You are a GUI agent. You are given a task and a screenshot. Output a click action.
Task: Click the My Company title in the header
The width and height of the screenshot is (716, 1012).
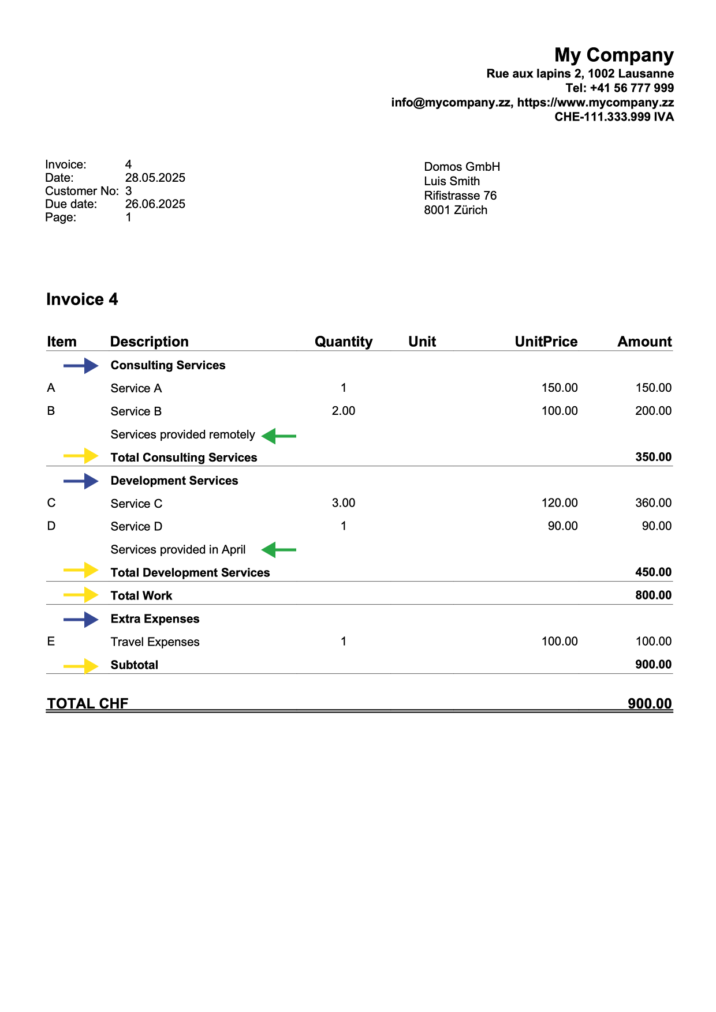[614, 55]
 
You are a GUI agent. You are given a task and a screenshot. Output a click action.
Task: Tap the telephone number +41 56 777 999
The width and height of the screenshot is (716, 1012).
[632, 88]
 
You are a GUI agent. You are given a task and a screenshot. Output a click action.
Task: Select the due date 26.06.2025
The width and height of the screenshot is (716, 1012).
[155, 204]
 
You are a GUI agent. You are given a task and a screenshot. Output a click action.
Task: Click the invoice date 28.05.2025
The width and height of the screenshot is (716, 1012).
[155, 178]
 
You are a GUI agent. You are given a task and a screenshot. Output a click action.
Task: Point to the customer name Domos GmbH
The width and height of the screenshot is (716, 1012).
[462, 167]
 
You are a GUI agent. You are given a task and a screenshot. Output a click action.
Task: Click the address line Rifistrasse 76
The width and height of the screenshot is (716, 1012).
[460, 196]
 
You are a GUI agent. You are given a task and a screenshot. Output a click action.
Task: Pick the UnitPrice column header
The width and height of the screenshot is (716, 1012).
[546, 342]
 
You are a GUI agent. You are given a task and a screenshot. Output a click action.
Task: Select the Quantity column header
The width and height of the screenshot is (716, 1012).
[344, 342]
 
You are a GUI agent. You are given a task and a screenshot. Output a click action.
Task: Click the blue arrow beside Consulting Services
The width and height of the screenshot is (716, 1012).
[81, 366]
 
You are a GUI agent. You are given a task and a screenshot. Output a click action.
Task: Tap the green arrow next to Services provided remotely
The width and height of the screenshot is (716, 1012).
[279, 436]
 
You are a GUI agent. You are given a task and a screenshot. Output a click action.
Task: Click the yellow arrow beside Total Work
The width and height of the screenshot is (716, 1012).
[81, 595]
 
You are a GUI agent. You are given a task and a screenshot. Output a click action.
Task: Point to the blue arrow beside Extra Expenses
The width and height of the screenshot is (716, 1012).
[81, 620]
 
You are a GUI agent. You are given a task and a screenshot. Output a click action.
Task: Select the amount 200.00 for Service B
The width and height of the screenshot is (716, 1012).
[653, 411]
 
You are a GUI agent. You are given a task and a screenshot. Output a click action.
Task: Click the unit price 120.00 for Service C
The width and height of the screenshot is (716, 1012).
[559, 503]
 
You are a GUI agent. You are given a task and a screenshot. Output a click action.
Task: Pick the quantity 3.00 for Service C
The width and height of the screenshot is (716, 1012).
[344, 503]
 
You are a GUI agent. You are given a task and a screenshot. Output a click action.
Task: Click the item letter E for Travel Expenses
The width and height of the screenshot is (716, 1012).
[51, 642]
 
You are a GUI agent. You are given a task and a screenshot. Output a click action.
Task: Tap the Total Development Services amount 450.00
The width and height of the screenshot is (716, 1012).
[653, 572]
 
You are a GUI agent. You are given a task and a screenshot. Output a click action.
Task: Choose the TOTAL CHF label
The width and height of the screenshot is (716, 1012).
[88, 703]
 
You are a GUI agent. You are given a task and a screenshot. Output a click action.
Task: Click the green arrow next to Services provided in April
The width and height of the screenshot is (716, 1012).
[279, 550]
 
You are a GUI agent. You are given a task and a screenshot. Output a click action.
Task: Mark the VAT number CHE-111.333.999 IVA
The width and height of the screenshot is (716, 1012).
[614, 117]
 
